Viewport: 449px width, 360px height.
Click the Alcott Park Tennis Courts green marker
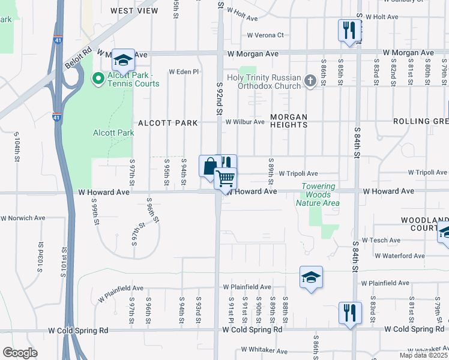pos(97,78)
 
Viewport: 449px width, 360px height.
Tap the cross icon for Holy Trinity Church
pos(310,81)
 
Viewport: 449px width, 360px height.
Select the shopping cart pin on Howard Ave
pos(226,178)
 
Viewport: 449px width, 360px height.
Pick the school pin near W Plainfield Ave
pos(311,278)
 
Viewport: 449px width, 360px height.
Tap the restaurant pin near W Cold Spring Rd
pos(349,313)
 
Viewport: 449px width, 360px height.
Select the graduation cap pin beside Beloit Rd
pos(123,60)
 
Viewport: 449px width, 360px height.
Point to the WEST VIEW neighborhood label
pos(134,11)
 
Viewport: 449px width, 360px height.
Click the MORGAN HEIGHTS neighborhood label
pos(288,121)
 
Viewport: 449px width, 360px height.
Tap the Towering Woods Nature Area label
pos(318,195)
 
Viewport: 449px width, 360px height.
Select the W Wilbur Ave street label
pos(244,122)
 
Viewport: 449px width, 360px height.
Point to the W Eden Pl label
pos(183,71)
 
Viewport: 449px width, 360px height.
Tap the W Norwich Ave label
pos(23,218)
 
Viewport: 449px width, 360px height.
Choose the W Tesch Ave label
pos(381,240)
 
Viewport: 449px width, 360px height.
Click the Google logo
pos(20,353)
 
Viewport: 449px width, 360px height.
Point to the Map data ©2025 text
pos(423,355)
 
